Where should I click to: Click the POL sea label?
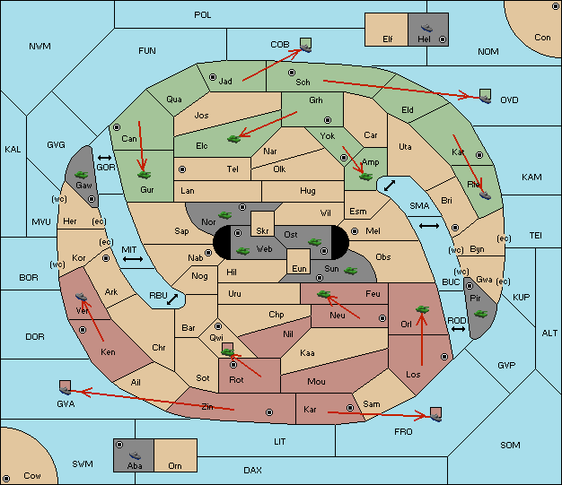pos(203,15)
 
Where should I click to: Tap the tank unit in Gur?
pos(144,175)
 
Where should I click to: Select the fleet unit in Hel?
pos(426,28)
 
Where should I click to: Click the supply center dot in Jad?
pos(213,77)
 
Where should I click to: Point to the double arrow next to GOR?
pos(105,158)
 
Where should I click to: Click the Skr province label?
pos(262,231)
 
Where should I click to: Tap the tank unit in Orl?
pos(422,309)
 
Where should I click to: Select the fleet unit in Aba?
pos(135,455)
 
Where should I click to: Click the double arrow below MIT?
pos(133,259)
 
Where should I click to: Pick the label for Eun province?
pos(299,268)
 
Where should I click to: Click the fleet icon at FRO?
pos(435,417)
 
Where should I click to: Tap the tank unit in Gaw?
pos(82,174)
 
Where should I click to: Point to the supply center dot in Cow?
pos(6,479)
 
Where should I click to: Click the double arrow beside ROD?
pos(458,329)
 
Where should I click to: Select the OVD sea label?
pos(509,100)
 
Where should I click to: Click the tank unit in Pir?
pos(480,314)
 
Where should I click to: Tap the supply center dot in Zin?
pos(269,412)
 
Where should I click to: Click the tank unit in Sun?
pos(350,271)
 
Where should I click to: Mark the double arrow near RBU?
pos(172,299)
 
